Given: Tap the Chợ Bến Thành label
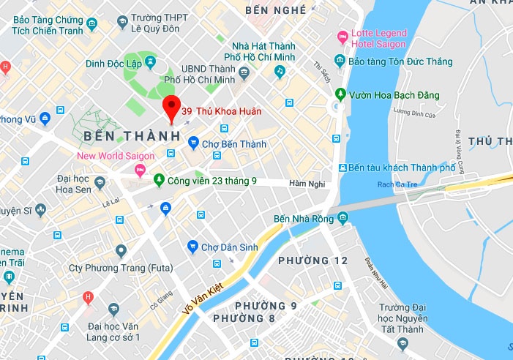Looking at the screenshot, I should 231,144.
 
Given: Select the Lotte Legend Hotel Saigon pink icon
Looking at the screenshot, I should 341,37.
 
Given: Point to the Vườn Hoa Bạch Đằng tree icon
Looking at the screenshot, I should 340,94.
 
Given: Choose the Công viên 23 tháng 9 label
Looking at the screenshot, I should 211,180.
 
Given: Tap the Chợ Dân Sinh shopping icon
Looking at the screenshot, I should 193,247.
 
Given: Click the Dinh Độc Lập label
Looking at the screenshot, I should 113,63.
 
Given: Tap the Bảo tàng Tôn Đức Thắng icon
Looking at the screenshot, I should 340,61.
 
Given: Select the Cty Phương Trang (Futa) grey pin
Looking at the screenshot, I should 121,251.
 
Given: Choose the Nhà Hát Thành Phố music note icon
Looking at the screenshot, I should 279,71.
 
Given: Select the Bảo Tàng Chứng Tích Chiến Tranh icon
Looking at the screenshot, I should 91,26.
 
